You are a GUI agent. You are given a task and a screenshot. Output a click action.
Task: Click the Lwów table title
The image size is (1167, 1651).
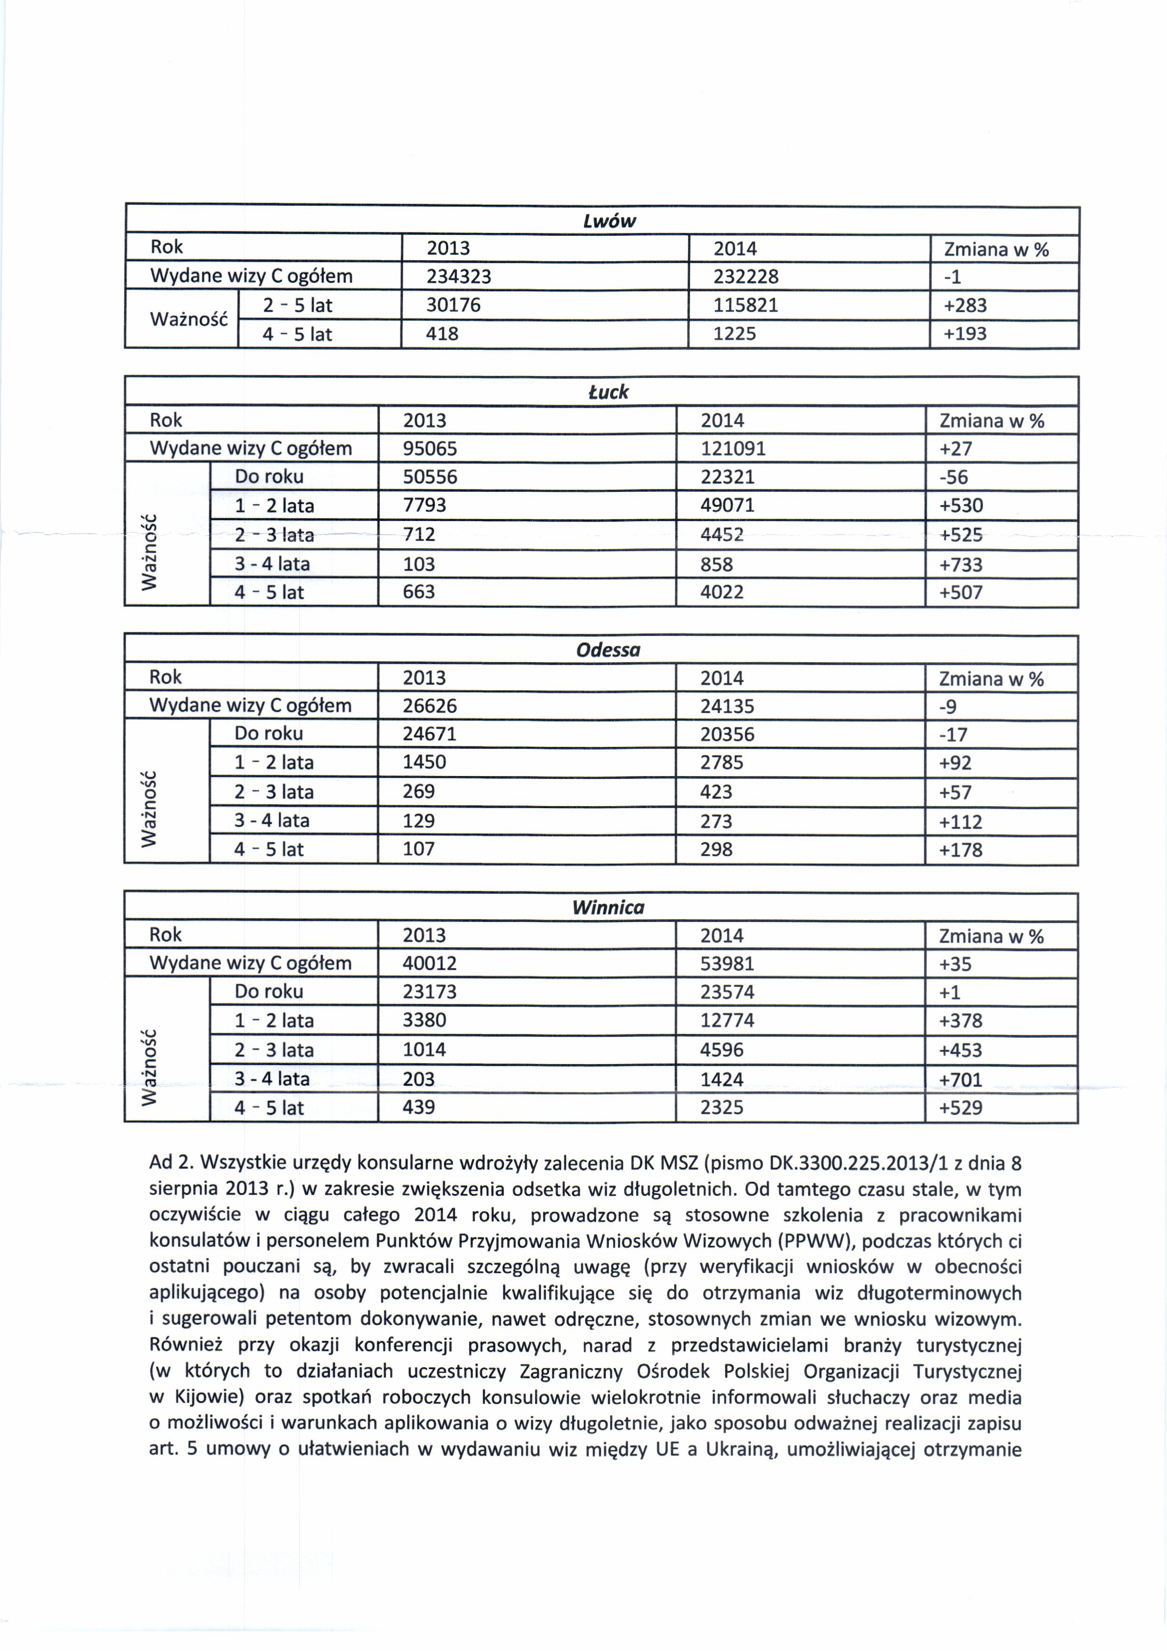pos(609,221)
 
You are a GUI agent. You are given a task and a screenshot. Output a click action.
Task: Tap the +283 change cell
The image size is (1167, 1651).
pos(965,305)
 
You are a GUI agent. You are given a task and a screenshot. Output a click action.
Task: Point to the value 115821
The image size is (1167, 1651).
pos(746,305)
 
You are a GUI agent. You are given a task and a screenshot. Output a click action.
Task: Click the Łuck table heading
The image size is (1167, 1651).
pos(608,392)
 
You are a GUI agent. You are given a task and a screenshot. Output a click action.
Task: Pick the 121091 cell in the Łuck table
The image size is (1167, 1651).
pos(733,449)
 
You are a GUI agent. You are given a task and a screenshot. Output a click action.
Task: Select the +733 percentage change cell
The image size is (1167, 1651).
pos(960,564)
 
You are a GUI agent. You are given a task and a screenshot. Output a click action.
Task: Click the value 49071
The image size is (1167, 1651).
pos(727,505)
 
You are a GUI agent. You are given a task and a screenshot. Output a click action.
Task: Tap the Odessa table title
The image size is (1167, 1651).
pos(608,650)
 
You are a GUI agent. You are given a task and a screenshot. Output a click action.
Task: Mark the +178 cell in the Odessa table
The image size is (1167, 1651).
pos(960,850)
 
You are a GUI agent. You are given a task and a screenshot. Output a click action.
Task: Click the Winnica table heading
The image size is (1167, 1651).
pos(608,907)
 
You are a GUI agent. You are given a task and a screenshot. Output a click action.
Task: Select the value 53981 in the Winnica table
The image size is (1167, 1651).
pos(727,963)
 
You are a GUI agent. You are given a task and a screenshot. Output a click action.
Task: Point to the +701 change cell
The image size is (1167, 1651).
pos(960,1079)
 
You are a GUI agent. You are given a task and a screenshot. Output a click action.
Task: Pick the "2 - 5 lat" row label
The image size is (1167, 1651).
pos(297,305)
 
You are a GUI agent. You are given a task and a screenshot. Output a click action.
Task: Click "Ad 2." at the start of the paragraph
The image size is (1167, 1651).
pos(171,1163)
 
